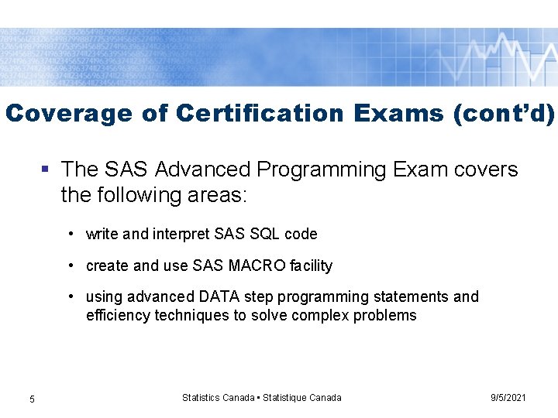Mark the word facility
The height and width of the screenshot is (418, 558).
point(311,266)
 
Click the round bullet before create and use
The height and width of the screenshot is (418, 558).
point(71,266)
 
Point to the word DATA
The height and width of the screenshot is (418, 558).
point(221,296)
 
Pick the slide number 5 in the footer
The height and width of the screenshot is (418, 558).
point(32,399)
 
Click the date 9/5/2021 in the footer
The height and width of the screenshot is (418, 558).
point(508,397)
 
